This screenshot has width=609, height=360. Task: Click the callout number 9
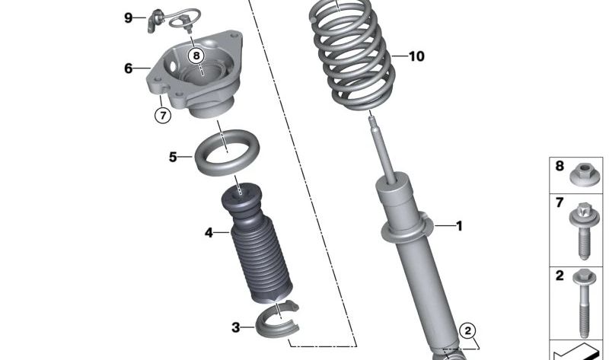129,18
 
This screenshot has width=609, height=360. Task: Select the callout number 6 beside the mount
129,68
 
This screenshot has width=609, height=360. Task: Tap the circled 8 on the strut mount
196,55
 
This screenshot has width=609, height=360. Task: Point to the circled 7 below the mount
161,116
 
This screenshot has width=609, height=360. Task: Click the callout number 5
173,158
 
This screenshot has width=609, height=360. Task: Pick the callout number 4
209,233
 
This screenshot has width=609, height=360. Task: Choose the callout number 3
236,327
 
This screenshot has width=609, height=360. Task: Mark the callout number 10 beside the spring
416,56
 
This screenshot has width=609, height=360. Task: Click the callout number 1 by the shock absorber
459,225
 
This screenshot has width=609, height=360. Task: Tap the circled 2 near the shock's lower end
469,330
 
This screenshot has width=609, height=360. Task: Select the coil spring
350,57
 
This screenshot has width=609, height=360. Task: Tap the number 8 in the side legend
560,166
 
